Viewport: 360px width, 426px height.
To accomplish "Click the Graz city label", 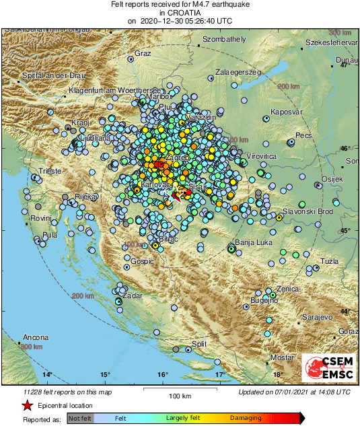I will click(x=143, y=53).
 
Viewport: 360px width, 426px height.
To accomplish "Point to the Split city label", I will click(x=199, y=344).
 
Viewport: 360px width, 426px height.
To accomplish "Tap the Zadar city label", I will click(x=133, y=295).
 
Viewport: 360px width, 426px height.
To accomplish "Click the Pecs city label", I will click(x=304, y=135).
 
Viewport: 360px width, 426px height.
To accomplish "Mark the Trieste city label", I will click(x=50, y=171).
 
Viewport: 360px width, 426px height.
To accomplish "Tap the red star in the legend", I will click(x=27, y=406).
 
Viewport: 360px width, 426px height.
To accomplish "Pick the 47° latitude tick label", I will click(x=344, y=65).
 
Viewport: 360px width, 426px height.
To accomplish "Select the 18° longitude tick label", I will click(x=277, y=374).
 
